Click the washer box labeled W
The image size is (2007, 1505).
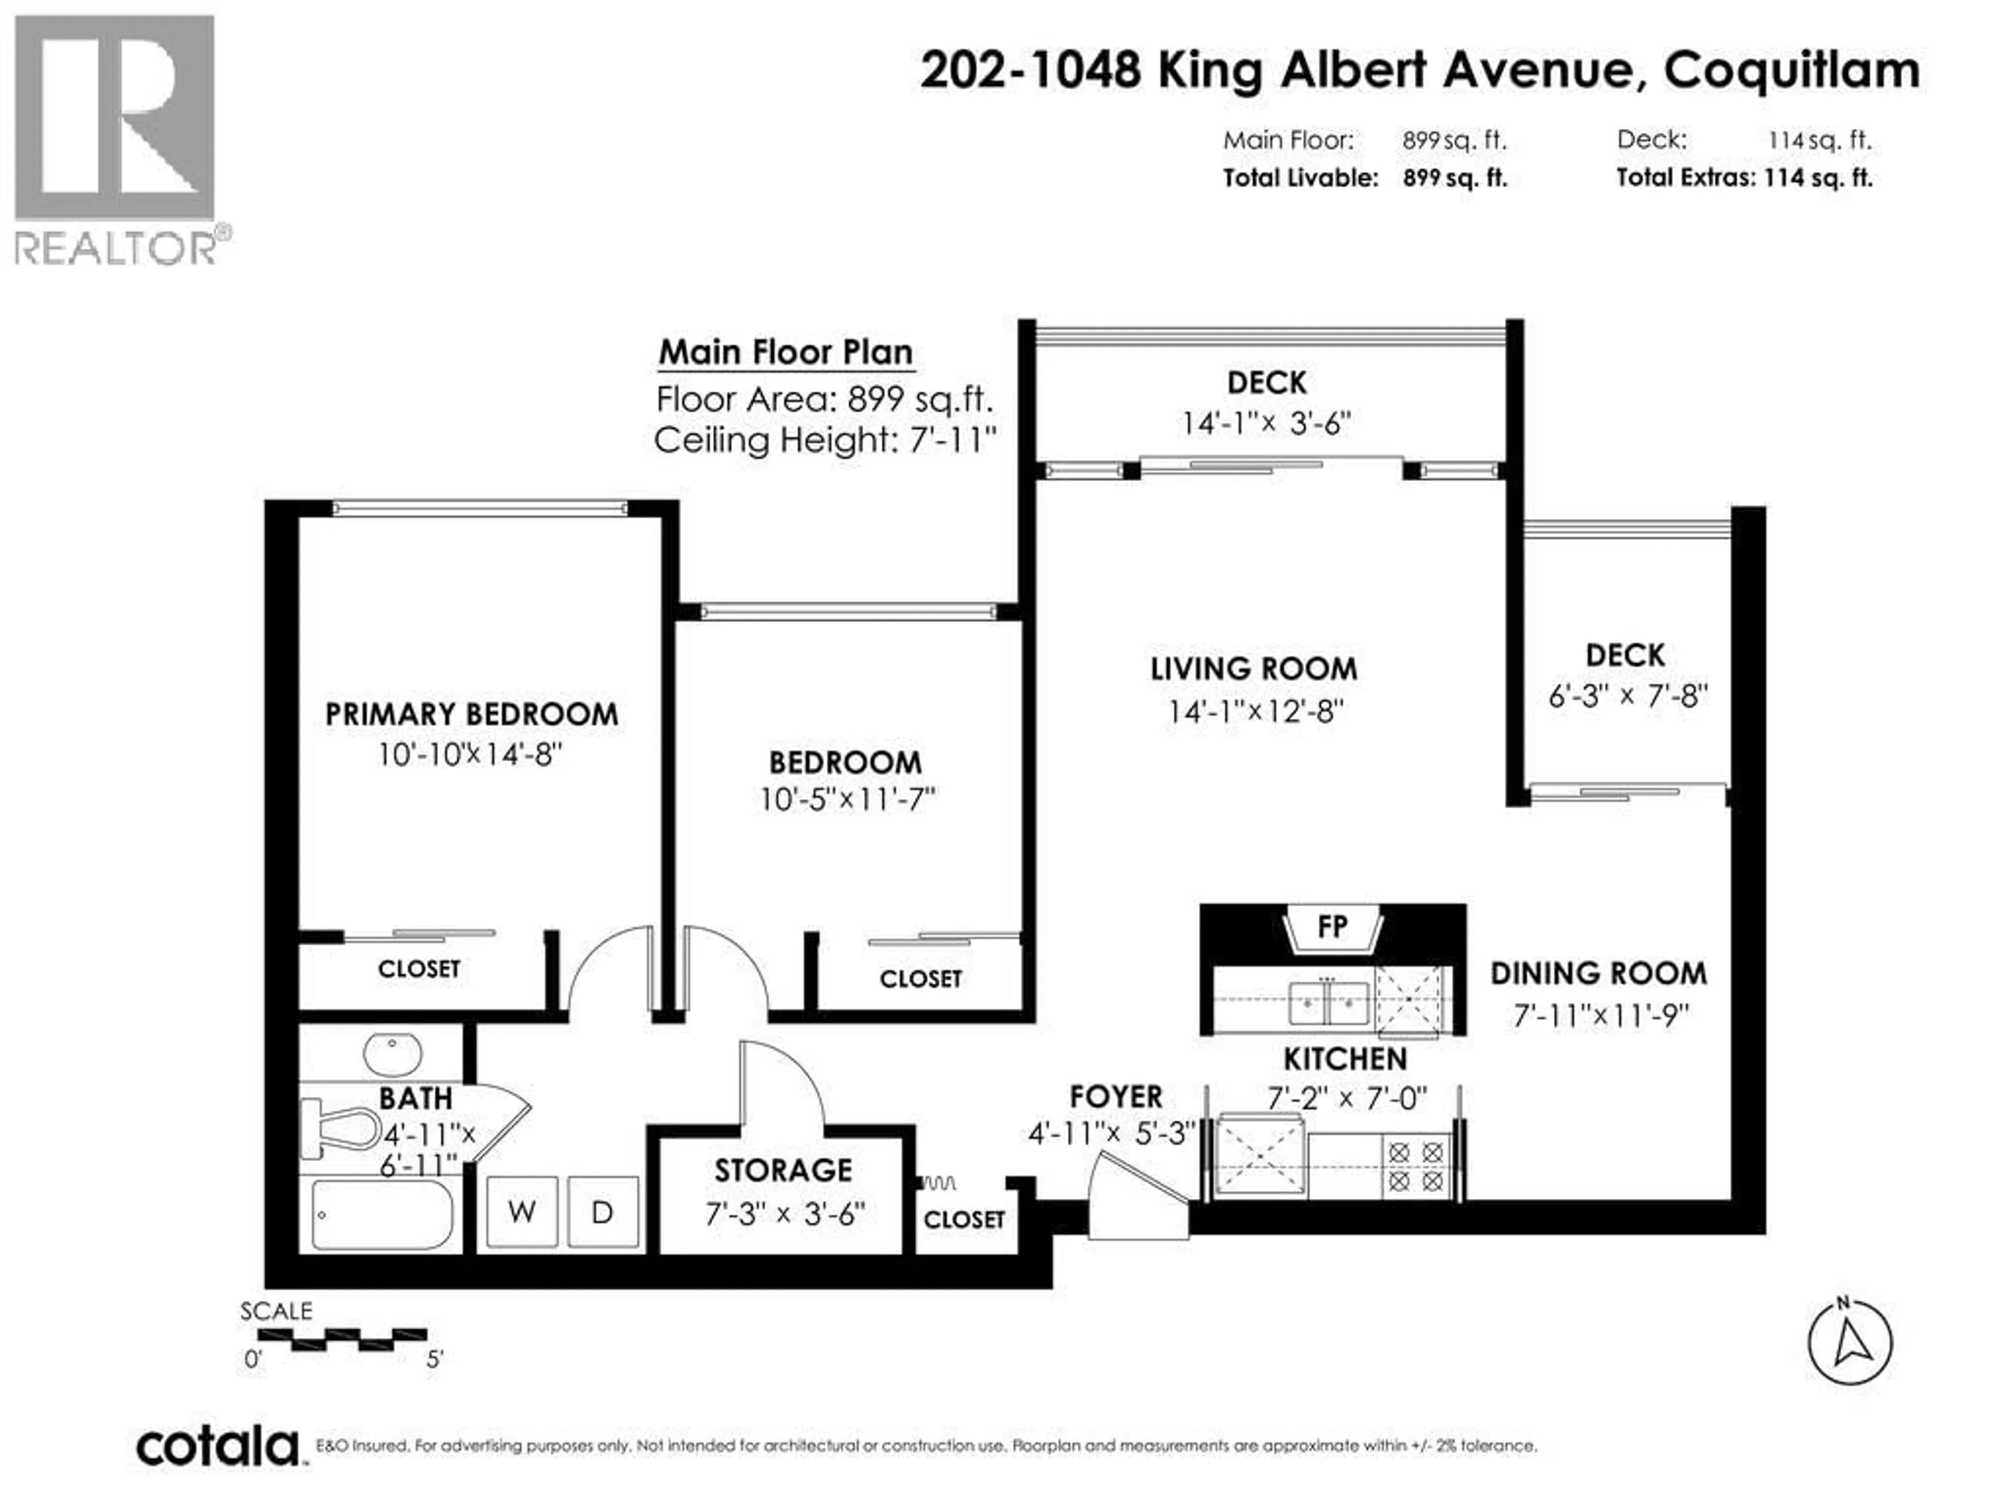(x=522, y=1211)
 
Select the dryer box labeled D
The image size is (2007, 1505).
(x=603, y=1211)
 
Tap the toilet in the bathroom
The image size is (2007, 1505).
(x=340, y=1129)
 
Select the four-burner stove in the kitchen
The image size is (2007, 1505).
(x=1415, y=1166)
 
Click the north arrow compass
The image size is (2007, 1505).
(x=1849, y=1342)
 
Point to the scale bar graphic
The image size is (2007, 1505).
(x=342, y=1339)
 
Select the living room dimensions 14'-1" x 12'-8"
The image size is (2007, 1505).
(x=1255, y=711)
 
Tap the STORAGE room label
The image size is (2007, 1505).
(x=783, y=1170)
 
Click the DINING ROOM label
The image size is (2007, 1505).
(x=1599, y=974)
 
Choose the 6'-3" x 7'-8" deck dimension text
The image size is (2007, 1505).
(x=1628, y=696)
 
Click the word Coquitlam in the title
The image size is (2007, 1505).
(x=1792, y=70)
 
